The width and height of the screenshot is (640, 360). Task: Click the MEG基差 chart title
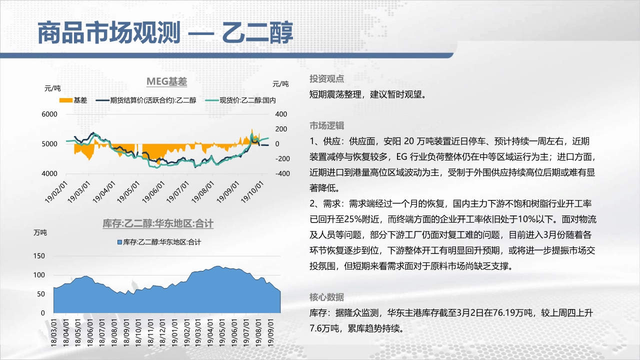click(166, 81)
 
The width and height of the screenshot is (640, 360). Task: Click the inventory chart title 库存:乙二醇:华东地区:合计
click(158, 223)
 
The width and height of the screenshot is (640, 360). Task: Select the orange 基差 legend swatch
click(65, 100)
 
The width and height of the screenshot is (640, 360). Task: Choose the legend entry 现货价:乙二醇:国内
click(240, 100)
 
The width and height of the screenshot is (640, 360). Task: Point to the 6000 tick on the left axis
click(49, 114)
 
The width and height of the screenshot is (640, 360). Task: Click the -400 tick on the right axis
click(282, 173)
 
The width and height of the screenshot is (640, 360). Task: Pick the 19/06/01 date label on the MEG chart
click(153, 192)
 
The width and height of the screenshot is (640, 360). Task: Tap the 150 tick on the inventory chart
click(39, 256)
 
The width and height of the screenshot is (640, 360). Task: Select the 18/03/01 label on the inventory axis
click(53, 333)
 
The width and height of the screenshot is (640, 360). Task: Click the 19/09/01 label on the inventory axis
click(270, 333)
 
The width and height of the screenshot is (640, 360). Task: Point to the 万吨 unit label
click(40, 233)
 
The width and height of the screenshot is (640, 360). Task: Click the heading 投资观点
click(326, 79)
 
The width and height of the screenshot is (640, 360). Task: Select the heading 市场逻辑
click(326, 125)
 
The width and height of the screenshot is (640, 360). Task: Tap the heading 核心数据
click(326, 297)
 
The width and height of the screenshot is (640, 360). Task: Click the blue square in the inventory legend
click(119, 242)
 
